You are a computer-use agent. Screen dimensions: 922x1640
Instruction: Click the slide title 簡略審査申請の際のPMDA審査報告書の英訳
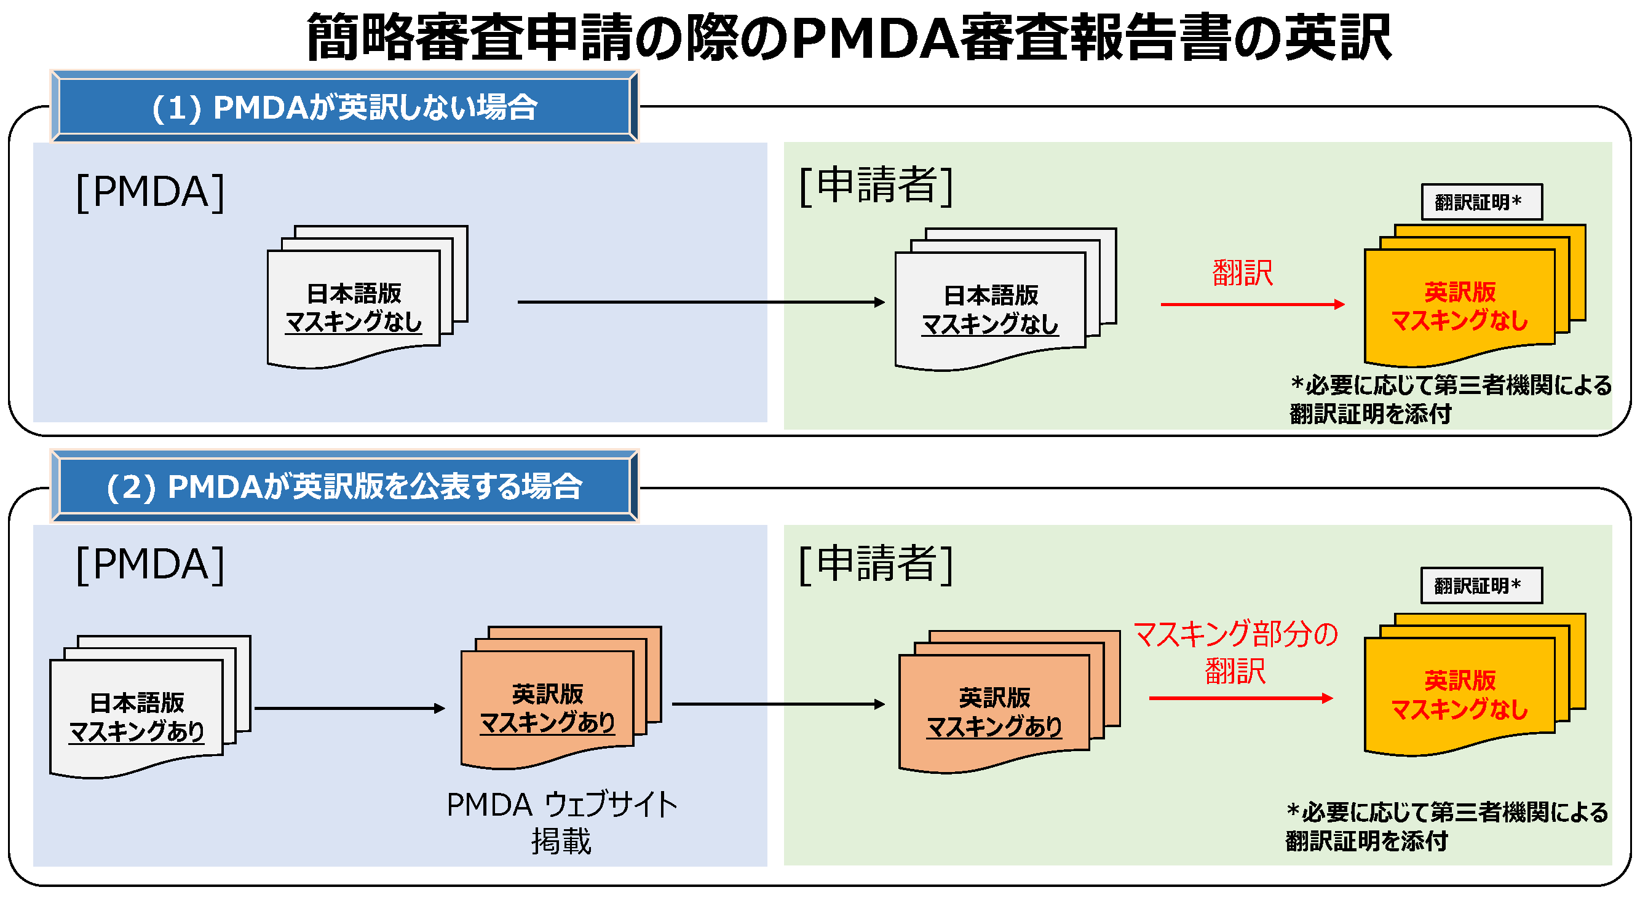click(x=849, y=38)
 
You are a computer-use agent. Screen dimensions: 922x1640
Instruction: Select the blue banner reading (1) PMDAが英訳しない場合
click(x=344, y=107)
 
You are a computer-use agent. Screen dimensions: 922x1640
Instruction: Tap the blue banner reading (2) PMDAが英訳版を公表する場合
click(x=344, y=487)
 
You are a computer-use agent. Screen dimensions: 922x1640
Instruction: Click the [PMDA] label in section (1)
click(x=150, y=192)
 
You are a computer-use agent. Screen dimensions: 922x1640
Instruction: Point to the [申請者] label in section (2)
click(x=876, y=564)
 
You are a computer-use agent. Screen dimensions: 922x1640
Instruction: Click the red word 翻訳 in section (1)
click(x=1242, y=274)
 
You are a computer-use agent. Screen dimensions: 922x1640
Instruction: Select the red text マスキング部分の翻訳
click(x=1235, y=652)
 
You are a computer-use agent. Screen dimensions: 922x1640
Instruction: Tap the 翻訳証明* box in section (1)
click(x=1481, y=202)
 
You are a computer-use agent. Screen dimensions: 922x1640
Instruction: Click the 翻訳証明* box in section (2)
click(x=1481, y=585)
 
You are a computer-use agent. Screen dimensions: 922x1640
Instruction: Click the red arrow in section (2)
click(x=1240, y=698)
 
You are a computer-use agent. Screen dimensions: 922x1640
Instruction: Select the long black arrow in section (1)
click(x=700, y=302)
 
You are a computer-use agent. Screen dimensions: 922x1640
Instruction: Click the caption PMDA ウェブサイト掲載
click(x=561, y=822)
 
